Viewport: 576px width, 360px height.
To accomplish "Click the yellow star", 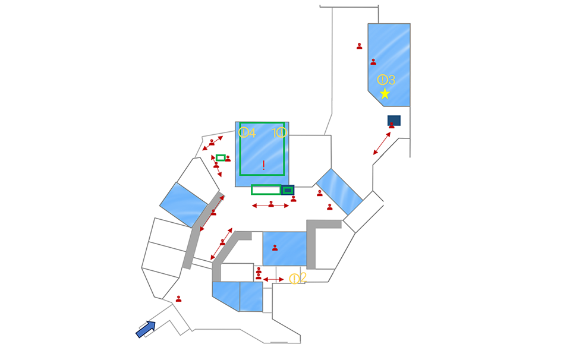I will [x=385, y=93].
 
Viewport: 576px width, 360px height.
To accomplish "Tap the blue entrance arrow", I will [x=146, y=329].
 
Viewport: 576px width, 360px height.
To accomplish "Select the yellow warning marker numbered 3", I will [x=382, y=79].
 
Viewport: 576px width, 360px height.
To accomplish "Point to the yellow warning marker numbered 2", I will [x=294, y=278].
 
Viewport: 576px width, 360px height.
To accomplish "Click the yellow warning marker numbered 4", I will [x=244, y=132].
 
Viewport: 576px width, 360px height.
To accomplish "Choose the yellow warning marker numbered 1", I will [x=282, y=132].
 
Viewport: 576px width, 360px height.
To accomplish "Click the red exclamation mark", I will [x=263, y=165].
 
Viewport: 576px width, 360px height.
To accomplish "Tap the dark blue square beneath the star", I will [x=394, y=119].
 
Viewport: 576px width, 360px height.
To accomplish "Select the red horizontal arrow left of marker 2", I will [x=273, y=279].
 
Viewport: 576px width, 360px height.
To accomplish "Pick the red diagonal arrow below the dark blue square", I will [x=382, y=143].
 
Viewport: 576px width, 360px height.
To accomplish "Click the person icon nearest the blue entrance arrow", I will [x=178, y=299].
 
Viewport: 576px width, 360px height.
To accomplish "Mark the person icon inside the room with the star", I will [x=373, y=62].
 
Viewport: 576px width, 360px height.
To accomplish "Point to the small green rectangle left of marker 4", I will [x=220, y=157].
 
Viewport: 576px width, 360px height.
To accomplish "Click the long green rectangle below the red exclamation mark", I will [x=266, y=190].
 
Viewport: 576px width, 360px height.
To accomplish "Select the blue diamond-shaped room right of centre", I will [x=338, y=191].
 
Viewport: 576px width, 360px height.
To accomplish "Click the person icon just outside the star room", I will [x=359, y=46].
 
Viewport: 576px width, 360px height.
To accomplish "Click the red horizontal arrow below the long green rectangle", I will [x=270, y=206].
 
